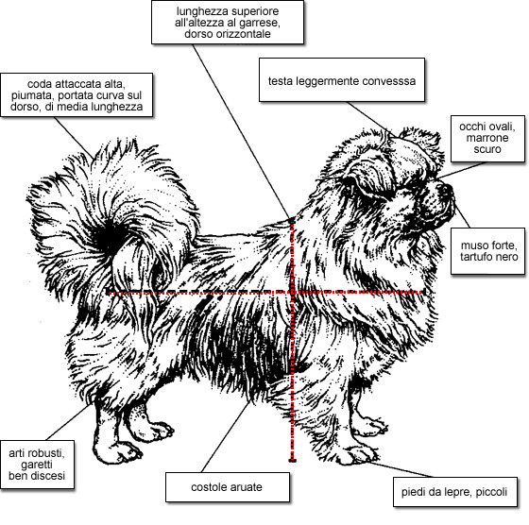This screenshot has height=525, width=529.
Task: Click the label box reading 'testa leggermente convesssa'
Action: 342,80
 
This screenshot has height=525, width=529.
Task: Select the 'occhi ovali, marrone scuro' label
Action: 487,139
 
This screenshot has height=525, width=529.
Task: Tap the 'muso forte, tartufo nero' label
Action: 487,251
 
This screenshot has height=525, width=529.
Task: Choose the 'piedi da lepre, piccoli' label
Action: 455,492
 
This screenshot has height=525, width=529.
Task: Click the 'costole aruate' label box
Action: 228,487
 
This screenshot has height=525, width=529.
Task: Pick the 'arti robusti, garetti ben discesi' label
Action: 37,465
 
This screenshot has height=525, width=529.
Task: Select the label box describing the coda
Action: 77,95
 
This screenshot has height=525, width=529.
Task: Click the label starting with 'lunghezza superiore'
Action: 228,23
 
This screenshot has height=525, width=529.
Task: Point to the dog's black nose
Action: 448,189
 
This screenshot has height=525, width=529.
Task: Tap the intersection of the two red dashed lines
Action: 292,292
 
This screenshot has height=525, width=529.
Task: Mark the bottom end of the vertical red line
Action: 292,460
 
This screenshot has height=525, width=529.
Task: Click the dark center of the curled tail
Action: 110,238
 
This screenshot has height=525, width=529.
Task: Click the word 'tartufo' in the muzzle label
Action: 475,257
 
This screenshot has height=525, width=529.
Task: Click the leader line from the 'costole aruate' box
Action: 226,436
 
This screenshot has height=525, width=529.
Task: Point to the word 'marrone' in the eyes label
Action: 487,138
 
